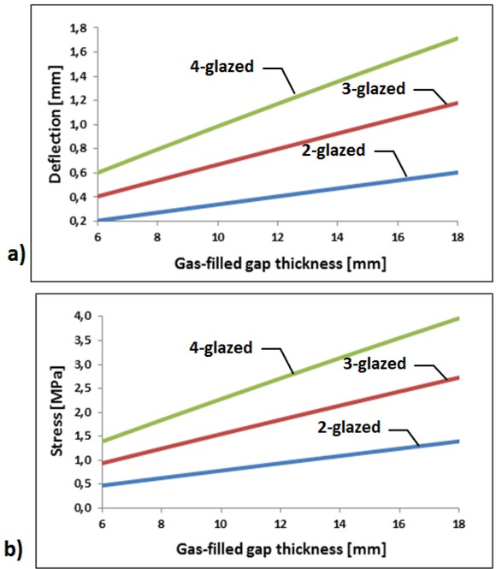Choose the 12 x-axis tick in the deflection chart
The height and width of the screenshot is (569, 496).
(x=279, y=236)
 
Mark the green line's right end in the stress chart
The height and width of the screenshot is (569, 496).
(x=458, y=318)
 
